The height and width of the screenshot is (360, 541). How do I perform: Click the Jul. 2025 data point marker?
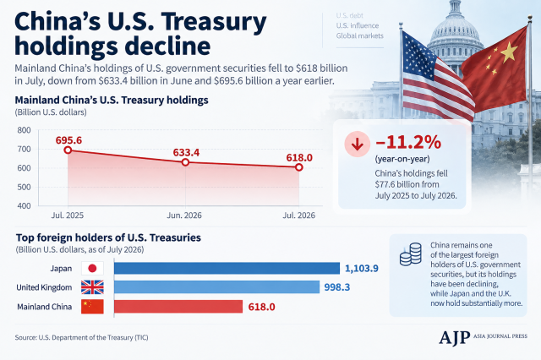point(68,150)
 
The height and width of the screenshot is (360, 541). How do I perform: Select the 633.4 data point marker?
point(185,162)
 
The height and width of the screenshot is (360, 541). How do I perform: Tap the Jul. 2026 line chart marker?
point(298,167)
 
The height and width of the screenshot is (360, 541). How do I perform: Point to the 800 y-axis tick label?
point(24,130)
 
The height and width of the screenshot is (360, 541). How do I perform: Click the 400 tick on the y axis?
point(24,206)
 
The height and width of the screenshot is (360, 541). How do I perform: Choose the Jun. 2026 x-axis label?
point(184,215)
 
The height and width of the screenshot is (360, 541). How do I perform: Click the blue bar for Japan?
point(227,268)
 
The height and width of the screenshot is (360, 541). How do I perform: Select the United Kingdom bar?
point(216,287)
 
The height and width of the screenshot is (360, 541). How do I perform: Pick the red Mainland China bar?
point(178,307)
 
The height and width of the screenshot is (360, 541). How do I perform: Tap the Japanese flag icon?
point(92,268)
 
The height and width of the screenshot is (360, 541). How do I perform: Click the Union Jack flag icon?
point(92,287)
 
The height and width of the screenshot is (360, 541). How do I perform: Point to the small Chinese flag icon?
point(92,307)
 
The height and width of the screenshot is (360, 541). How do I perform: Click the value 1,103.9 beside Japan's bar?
point(362,268)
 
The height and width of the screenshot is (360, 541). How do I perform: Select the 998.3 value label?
point(337,287)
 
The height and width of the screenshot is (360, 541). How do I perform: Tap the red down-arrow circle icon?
point(357,145)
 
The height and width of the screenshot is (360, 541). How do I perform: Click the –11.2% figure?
point(408,142)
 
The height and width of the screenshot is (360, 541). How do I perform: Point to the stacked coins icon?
point(411,254)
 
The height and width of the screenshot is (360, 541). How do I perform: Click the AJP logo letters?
point(455,337)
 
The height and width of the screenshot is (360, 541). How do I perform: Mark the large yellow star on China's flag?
point(508,52)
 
